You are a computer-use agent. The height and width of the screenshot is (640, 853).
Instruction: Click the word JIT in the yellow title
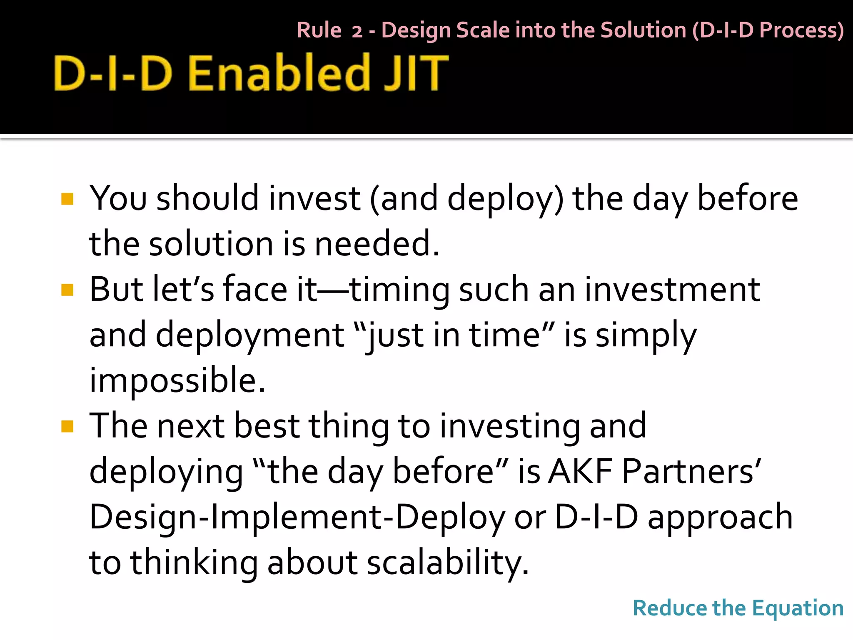pos(416,73)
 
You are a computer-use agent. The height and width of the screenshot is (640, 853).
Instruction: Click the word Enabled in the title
pos(279,73)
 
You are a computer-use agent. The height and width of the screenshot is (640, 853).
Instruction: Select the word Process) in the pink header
pos(801,31)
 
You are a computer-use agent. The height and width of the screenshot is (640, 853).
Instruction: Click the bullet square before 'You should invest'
pos(67,199)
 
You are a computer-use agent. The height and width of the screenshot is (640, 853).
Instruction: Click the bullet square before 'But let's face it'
pos(67,290)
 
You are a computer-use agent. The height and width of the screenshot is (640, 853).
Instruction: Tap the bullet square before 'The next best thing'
pos(67,426)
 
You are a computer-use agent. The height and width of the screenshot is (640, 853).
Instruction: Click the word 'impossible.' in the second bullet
pos(177,381)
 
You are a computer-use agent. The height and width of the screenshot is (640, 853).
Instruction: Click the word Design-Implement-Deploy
pos(297,517)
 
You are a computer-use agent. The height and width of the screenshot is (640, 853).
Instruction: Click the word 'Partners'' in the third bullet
pos(691,472)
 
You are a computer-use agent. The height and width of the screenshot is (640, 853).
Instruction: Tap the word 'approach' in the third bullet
pos(720,517)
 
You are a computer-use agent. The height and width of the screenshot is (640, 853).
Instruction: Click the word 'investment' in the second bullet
pos(672,290)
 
